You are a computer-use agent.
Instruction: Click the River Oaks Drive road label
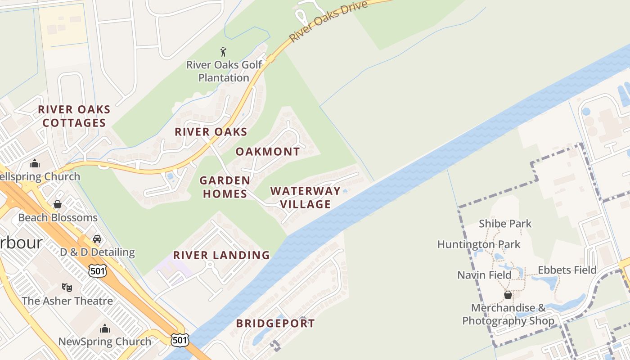328,21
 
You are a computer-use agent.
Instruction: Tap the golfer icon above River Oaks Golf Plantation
223,52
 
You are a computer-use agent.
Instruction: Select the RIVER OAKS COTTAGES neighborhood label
74,116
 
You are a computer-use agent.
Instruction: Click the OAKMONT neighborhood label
268,152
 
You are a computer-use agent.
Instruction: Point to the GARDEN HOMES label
225,187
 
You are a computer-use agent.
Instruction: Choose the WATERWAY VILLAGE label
306,198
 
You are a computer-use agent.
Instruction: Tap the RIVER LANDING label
221,255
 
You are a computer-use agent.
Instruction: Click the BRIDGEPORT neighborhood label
275,323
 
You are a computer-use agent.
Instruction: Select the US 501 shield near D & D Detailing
97,270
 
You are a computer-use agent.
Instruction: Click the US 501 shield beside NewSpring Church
180,340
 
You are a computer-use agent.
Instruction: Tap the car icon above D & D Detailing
97,238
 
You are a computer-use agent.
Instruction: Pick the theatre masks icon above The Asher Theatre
67,287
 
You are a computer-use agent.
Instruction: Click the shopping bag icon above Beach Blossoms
58,204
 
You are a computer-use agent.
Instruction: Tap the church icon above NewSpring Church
105,328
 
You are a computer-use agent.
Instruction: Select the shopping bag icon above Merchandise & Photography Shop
508,295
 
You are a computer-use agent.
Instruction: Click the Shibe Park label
505,224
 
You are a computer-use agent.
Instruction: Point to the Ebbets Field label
567,270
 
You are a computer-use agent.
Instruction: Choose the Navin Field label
484,275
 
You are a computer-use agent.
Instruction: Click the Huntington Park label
479,244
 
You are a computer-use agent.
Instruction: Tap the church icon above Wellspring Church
35,163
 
